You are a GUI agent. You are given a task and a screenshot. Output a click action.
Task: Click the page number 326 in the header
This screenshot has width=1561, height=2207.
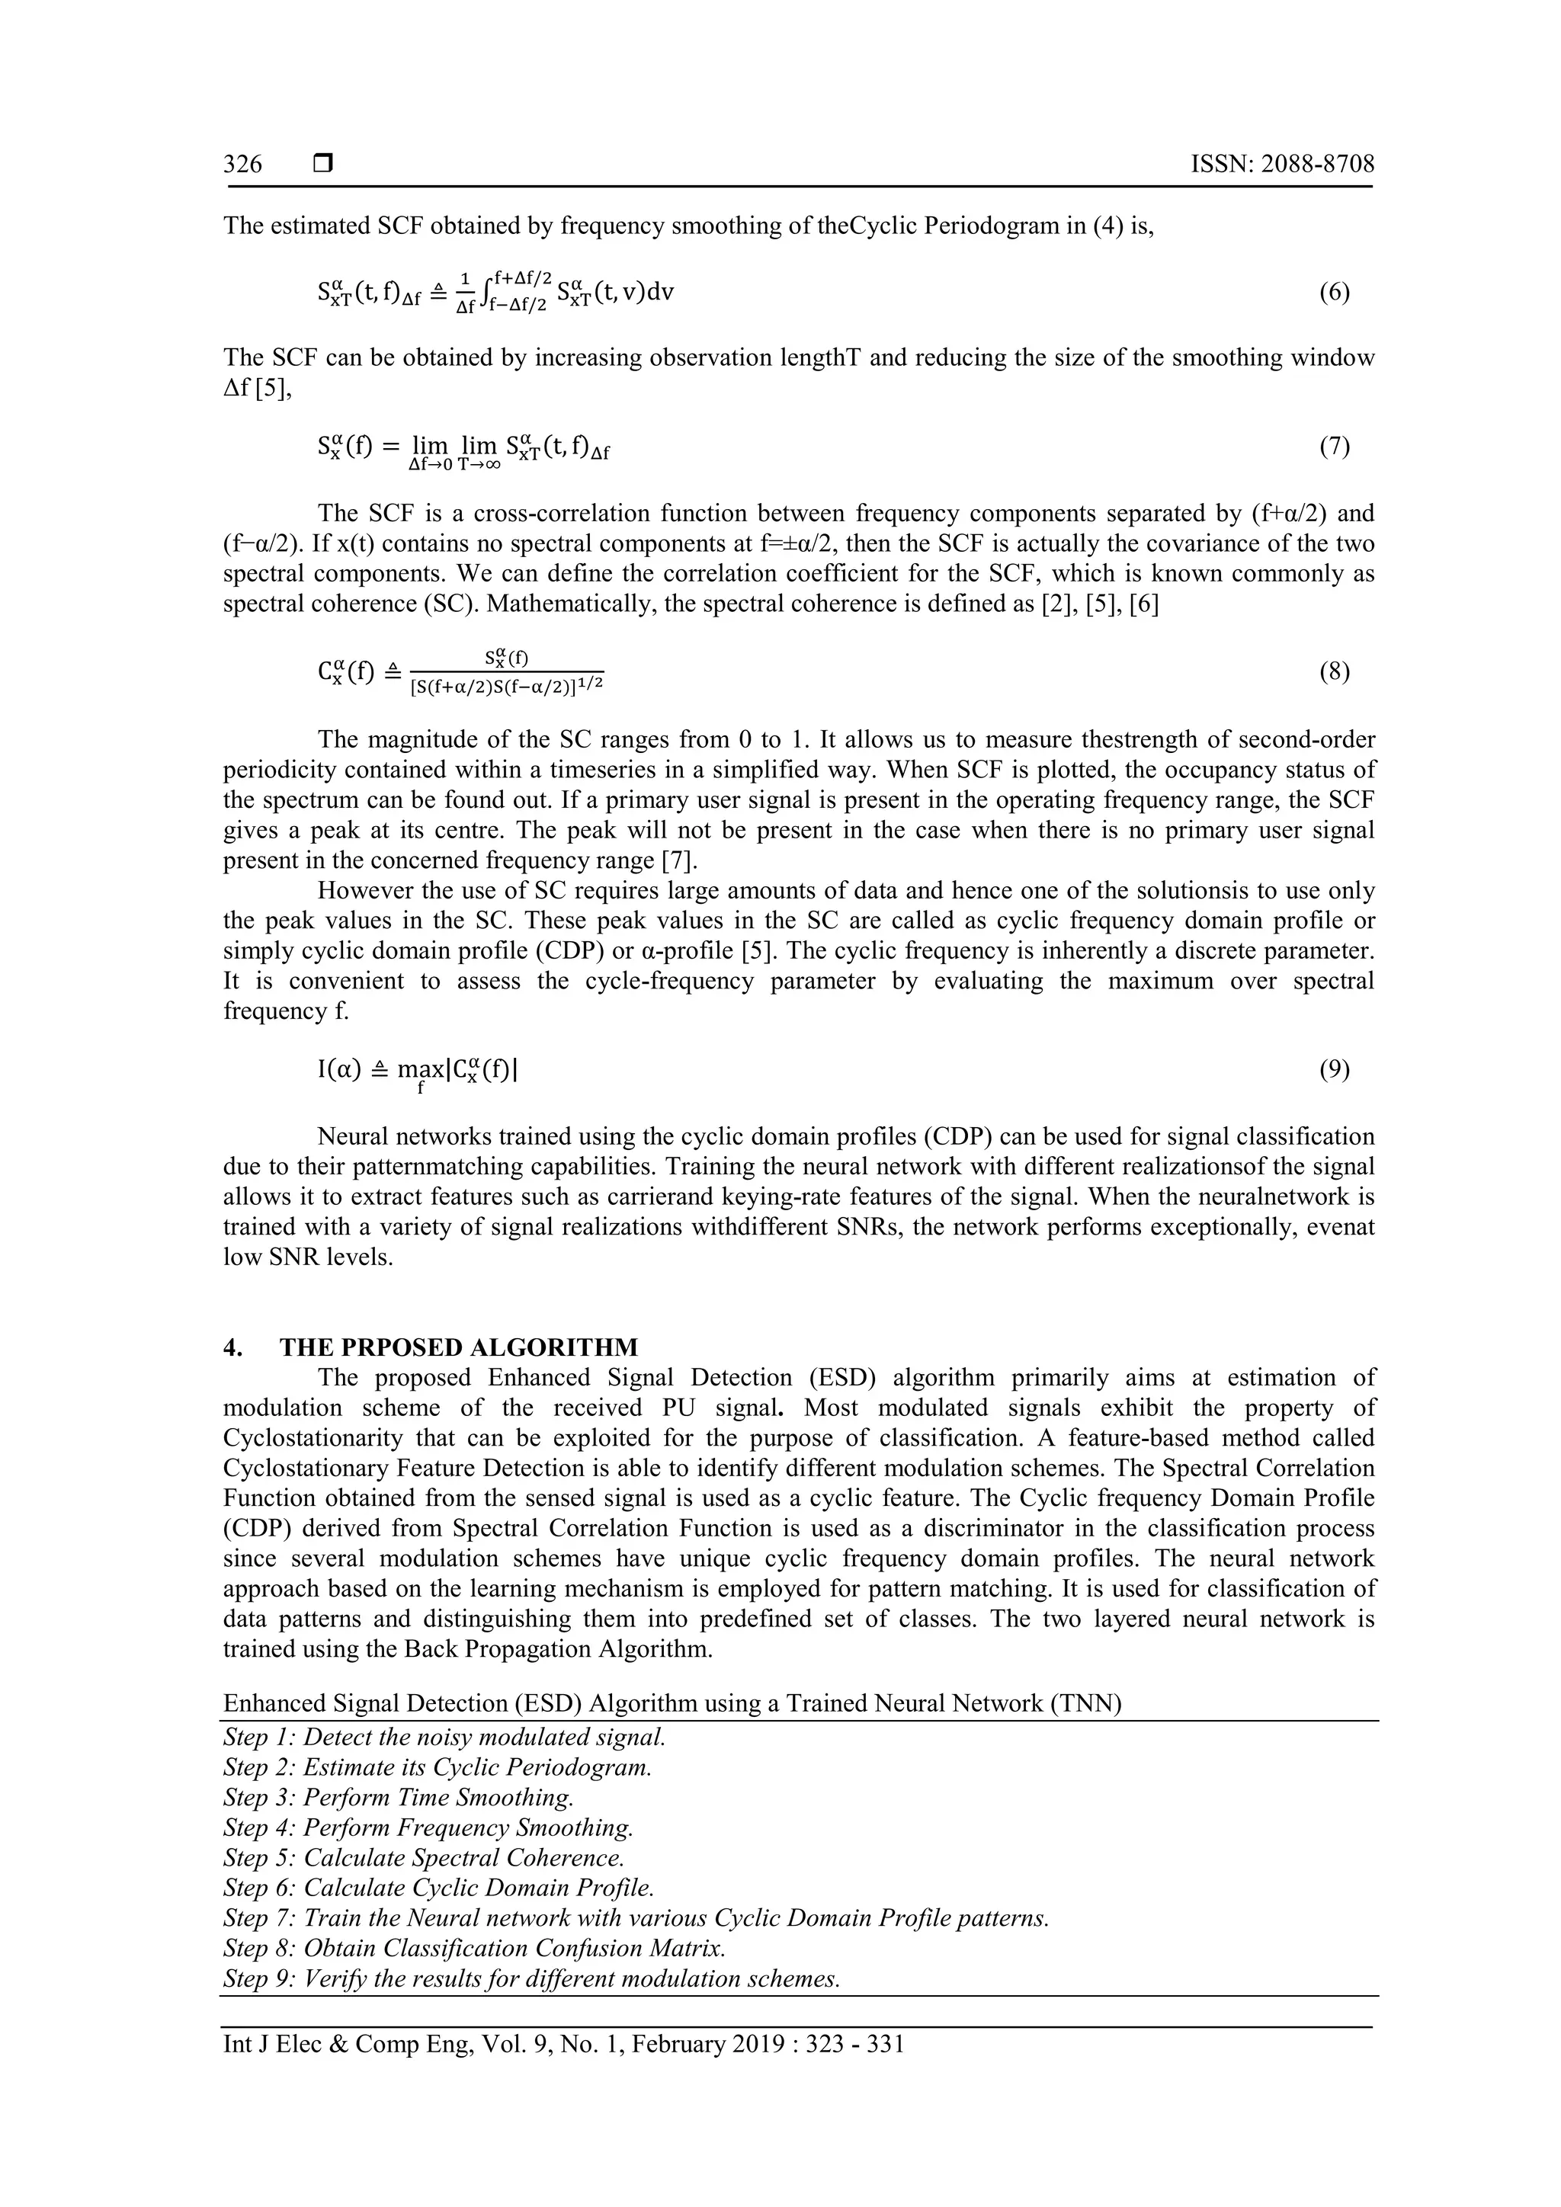242,165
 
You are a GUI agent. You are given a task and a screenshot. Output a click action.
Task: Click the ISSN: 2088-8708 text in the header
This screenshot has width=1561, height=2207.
1282,165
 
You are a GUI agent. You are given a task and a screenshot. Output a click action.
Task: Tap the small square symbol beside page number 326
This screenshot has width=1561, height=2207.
323,165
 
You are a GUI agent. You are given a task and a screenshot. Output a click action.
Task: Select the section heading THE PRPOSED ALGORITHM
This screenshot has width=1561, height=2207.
459,1347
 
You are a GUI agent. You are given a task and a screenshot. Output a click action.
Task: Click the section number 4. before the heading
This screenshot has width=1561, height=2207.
232,1347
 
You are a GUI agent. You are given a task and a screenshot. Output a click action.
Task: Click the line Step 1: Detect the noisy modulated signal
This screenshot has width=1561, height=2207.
444,1737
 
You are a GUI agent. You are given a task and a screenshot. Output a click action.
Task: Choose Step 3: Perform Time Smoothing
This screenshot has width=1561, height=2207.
398,1798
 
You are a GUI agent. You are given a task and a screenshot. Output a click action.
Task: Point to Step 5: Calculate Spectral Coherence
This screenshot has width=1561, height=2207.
424,1857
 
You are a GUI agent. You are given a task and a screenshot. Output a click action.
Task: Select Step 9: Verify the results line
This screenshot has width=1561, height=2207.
531,1978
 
